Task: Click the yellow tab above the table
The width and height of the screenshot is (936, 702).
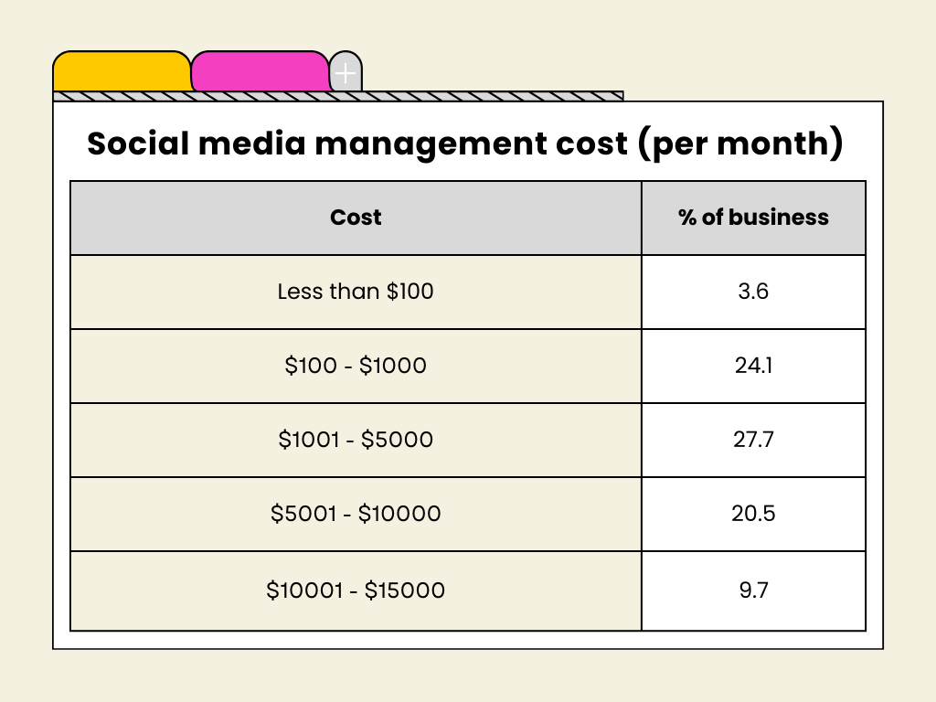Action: [x=122, y=71]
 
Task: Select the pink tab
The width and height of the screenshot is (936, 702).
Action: [x=260, y=71]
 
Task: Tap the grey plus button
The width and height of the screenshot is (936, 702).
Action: [x=345, y=73]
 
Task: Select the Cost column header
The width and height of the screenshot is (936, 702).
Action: [x=356, y=218]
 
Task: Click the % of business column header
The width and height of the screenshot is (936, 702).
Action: [x=753, y=218]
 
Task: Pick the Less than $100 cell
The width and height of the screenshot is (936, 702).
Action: [x=356, y=292]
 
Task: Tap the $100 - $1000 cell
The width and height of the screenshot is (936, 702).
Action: [x=356, y=366]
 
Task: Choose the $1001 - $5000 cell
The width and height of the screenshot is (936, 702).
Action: [x=356, y=440]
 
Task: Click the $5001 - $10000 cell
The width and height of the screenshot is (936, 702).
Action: [x=356, y=514]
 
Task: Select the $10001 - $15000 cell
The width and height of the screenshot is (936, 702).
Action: [x=356, y=590]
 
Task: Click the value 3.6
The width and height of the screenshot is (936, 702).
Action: [x=753, y=292]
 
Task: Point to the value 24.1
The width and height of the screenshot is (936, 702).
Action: [x=753, y=366]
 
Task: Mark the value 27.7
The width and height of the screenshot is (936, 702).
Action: [x=753, y=440]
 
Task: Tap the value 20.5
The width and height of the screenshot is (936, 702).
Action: [x=753, y=514]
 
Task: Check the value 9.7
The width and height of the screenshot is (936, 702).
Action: [x=753, y=590]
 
